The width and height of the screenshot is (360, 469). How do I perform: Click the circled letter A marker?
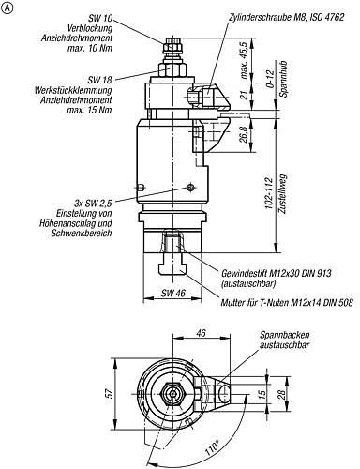pos(7,8)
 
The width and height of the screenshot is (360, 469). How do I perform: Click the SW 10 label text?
pos(102,18)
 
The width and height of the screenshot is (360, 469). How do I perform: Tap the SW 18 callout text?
pos(99,80)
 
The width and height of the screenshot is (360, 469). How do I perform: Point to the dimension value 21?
pos(245,94)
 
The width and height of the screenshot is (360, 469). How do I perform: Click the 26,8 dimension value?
pos(245,134)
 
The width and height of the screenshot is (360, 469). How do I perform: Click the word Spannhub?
pos(283,79)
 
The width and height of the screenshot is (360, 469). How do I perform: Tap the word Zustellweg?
pos(282,194)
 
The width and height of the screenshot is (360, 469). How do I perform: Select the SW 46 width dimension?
pos(173,293)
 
